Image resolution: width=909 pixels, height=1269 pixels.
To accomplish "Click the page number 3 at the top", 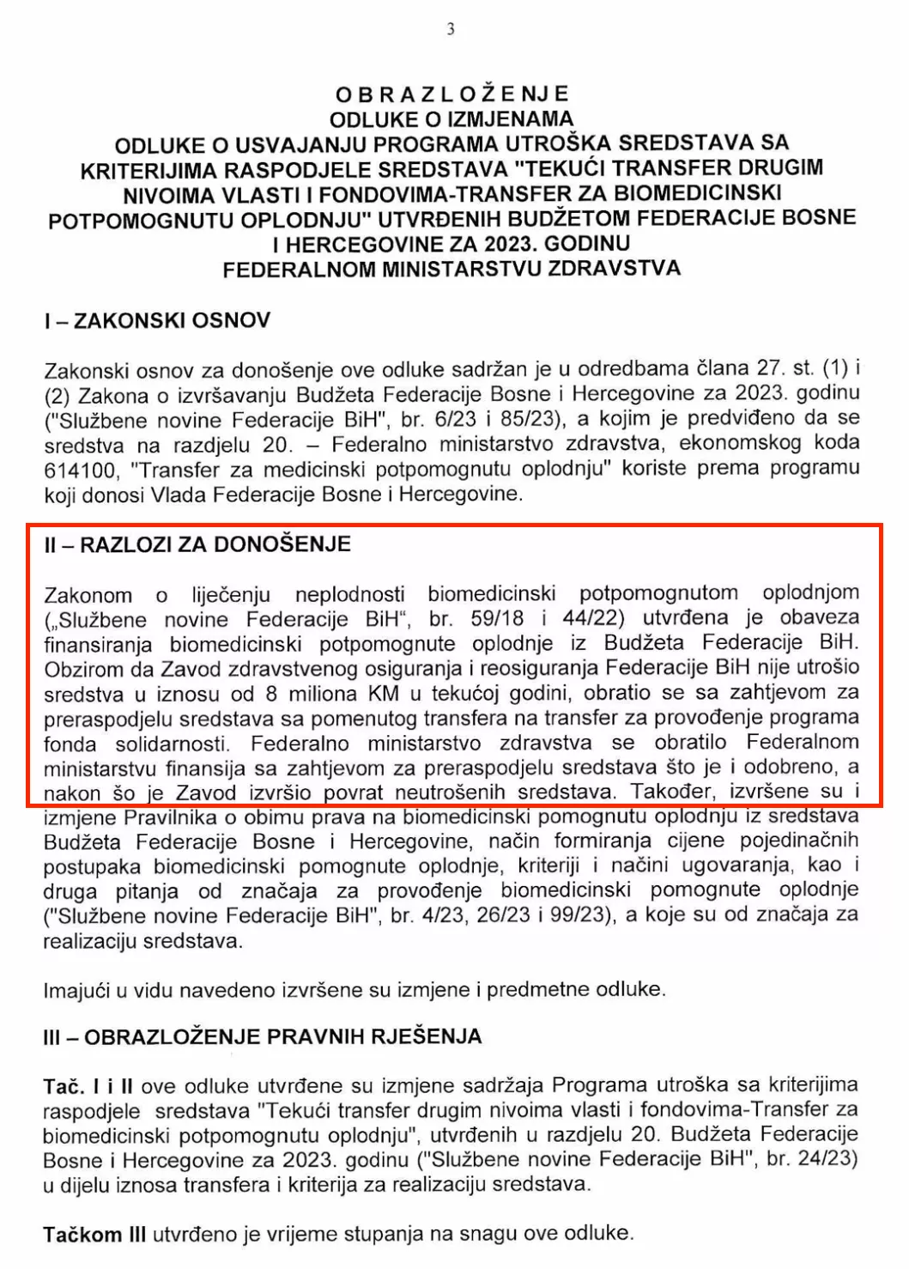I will (x=451, y=30).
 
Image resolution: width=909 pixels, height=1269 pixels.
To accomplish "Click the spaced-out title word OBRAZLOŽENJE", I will (x=452, y=94).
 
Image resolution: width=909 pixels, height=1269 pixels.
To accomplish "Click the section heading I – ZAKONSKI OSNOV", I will (x=157, y=321).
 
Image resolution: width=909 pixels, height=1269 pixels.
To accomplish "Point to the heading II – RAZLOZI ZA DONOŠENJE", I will (x=197, y=544).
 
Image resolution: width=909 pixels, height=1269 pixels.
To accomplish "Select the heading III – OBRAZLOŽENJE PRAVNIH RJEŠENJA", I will (x=262, y=1036).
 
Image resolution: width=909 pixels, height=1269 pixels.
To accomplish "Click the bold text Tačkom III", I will (x=94, y=1235).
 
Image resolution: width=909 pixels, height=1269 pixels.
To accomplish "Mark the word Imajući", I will (x=76, y=991).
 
